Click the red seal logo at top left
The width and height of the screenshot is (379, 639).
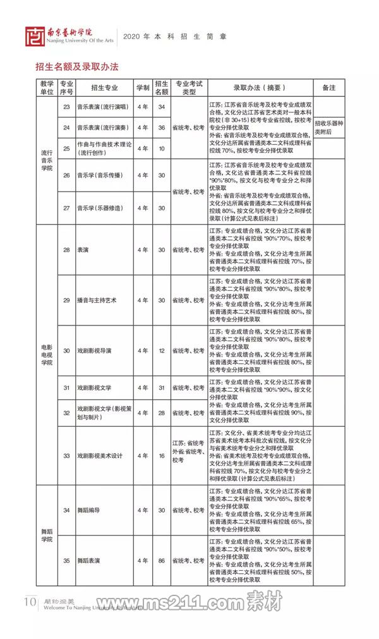click(x=35, y=37)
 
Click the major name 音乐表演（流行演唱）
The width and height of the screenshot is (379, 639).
click(x=102, y=107)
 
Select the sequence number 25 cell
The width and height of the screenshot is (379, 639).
click(x=66, y=149)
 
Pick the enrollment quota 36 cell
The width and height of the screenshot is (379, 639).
click(x=162, y=128)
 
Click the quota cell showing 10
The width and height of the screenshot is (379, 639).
click(x=162, y=149)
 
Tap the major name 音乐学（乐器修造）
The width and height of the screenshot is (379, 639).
click(x=102, y=208)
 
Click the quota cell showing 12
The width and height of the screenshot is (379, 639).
click(x=162, y=350)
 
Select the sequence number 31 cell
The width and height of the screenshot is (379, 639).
click(x=66, y=387)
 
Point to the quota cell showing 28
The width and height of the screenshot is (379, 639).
click(x=162, y=413)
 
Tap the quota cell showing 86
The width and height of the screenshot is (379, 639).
click(x=162, y=560)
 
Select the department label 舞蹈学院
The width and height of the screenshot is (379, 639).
click(x=47, y=535)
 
